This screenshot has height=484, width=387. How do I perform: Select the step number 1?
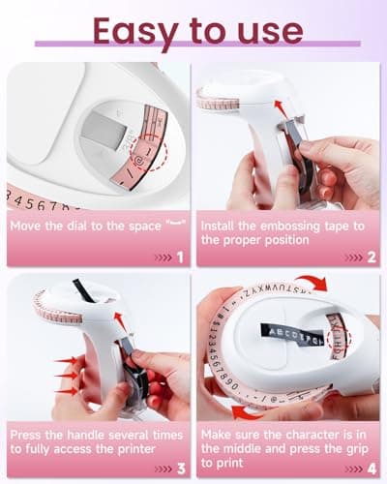(x=179, y=257)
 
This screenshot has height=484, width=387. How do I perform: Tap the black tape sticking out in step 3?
(x=82, y=288)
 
